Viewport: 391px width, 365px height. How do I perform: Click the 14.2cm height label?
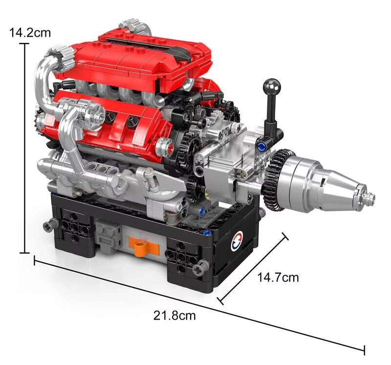[x=30, y=33]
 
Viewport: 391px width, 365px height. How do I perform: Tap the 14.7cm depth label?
[x=278, y=277]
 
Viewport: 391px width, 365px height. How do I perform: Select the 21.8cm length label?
[x=174, y=315]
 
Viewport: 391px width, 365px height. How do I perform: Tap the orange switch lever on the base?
[x=141, y=247]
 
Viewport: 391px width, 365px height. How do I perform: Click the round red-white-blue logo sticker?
[x=237, y=241]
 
